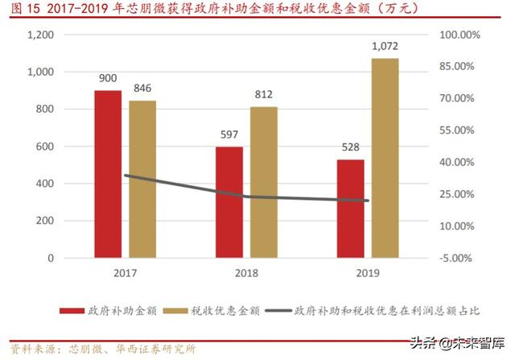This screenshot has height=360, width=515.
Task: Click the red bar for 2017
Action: click(108, 174)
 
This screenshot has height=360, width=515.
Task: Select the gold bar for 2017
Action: click(142, 179)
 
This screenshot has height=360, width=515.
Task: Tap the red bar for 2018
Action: click(229, 202)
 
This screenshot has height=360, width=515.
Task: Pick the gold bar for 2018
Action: click(263, 182)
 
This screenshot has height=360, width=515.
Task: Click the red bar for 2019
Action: click(350, 209)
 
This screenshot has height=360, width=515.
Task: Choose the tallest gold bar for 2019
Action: click(385, 158)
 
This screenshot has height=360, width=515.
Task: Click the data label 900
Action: click(108, 79)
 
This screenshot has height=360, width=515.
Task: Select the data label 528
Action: click(350, 147)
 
